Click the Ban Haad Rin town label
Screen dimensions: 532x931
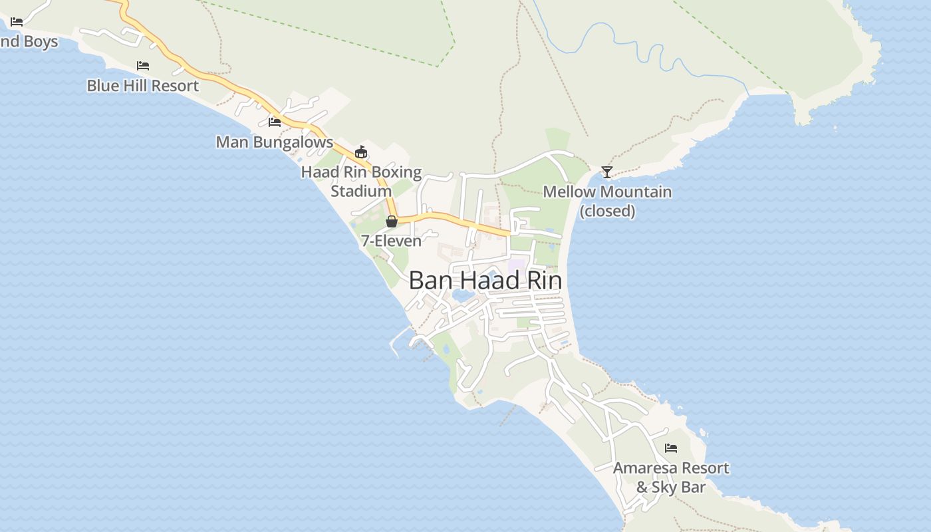[x=485, y=281]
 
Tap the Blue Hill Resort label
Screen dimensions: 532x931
[x=142, y=86]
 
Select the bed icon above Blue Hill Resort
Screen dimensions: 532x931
[x=143, y=66]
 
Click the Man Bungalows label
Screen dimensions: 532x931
[x=274, y=142]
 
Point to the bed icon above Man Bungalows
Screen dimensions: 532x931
[x=274, y=122]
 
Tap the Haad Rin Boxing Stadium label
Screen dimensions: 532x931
[x=361, y=182]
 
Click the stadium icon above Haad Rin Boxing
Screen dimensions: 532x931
[x=361, y=152]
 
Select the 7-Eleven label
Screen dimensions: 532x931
[x=391, y=241]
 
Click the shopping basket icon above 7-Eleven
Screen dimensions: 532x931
[x=392, y=221]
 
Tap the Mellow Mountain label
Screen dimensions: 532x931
[x=607, y=192]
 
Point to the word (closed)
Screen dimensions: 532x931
[x=607, y=211]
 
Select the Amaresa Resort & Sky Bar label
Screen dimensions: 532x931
[x=671, y=477]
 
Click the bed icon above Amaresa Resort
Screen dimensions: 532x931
[x=671, y=448]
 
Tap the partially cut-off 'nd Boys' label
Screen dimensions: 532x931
[x=29, y=42]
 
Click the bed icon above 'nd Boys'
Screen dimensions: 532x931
[x=17, y=22]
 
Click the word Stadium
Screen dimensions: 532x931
[x=361, y=192]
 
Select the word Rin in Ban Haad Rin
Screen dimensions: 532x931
[x=544, y=281]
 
